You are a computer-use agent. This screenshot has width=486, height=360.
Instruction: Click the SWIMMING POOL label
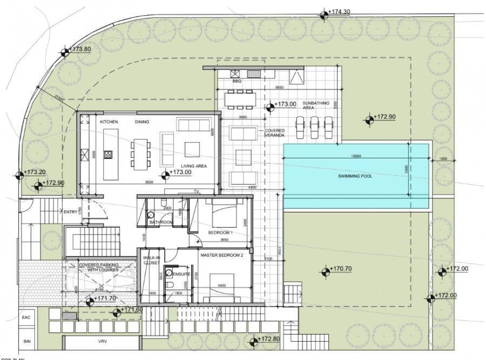(353, 176)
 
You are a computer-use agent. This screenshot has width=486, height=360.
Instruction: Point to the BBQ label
(236, 81)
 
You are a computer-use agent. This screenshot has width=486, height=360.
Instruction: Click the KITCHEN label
(109, 122)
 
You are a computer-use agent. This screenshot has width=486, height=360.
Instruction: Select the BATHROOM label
(160, 222)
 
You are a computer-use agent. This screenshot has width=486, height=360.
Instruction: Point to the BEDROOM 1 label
(220, 233)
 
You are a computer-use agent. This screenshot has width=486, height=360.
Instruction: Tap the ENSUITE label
(181, 275)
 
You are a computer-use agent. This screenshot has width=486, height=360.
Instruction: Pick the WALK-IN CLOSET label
(151, 262)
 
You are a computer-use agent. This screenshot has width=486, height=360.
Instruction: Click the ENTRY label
(70, 212)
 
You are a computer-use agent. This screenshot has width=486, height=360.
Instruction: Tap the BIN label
(28, 342)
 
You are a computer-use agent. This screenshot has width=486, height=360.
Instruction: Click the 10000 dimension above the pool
(354, 156)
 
